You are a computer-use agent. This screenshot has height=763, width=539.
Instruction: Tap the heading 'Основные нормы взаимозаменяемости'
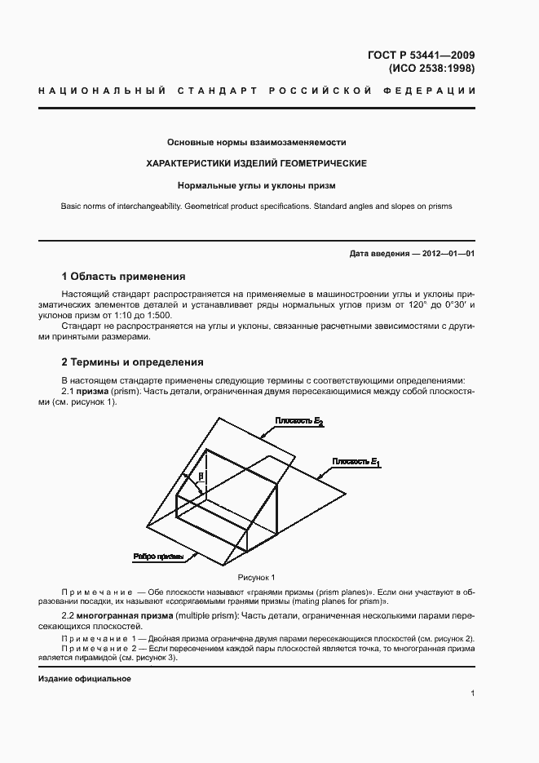256,141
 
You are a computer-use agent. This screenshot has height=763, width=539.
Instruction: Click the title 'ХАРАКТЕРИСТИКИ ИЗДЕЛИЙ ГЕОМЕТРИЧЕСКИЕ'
256,163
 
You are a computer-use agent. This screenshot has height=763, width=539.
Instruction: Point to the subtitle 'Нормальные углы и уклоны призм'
256,185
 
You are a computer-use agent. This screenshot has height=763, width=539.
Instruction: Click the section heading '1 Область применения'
123,277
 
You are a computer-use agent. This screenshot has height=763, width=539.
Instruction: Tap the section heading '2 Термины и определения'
132,362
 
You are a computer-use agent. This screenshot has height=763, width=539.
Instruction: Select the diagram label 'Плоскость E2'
299,421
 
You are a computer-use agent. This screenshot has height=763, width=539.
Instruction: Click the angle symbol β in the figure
201,473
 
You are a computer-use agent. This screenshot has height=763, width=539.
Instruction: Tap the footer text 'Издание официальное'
84,679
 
